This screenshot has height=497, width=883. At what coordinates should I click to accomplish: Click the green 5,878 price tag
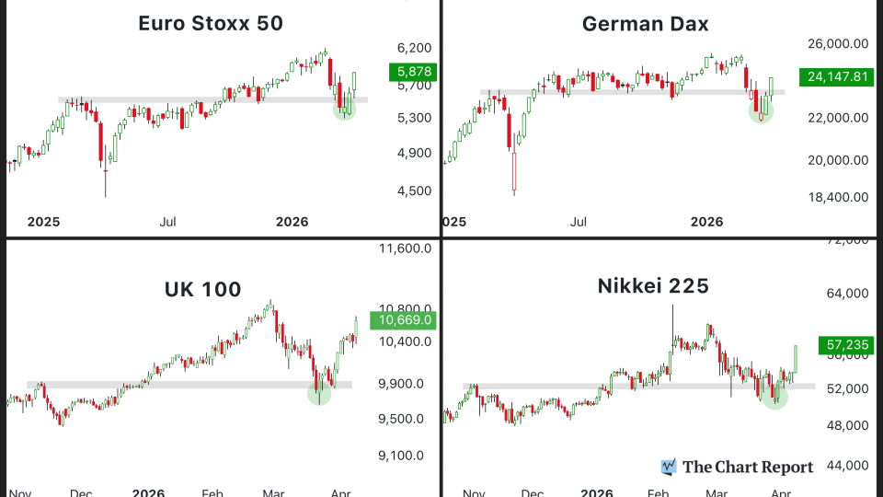click(x=410, y=71)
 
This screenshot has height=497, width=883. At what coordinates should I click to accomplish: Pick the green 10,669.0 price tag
click(x=400, y=320)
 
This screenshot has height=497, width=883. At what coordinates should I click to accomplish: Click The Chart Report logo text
click(x=747, y=468)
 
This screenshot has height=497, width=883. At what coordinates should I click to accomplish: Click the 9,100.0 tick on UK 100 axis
click(x=402, y=455)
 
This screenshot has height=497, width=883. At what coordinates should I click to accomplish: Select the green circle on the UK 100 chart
click(x=319, y=393)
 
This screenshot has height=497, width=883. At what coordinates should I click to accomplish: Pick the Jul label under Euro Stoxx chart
click(x=168, y=222)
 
